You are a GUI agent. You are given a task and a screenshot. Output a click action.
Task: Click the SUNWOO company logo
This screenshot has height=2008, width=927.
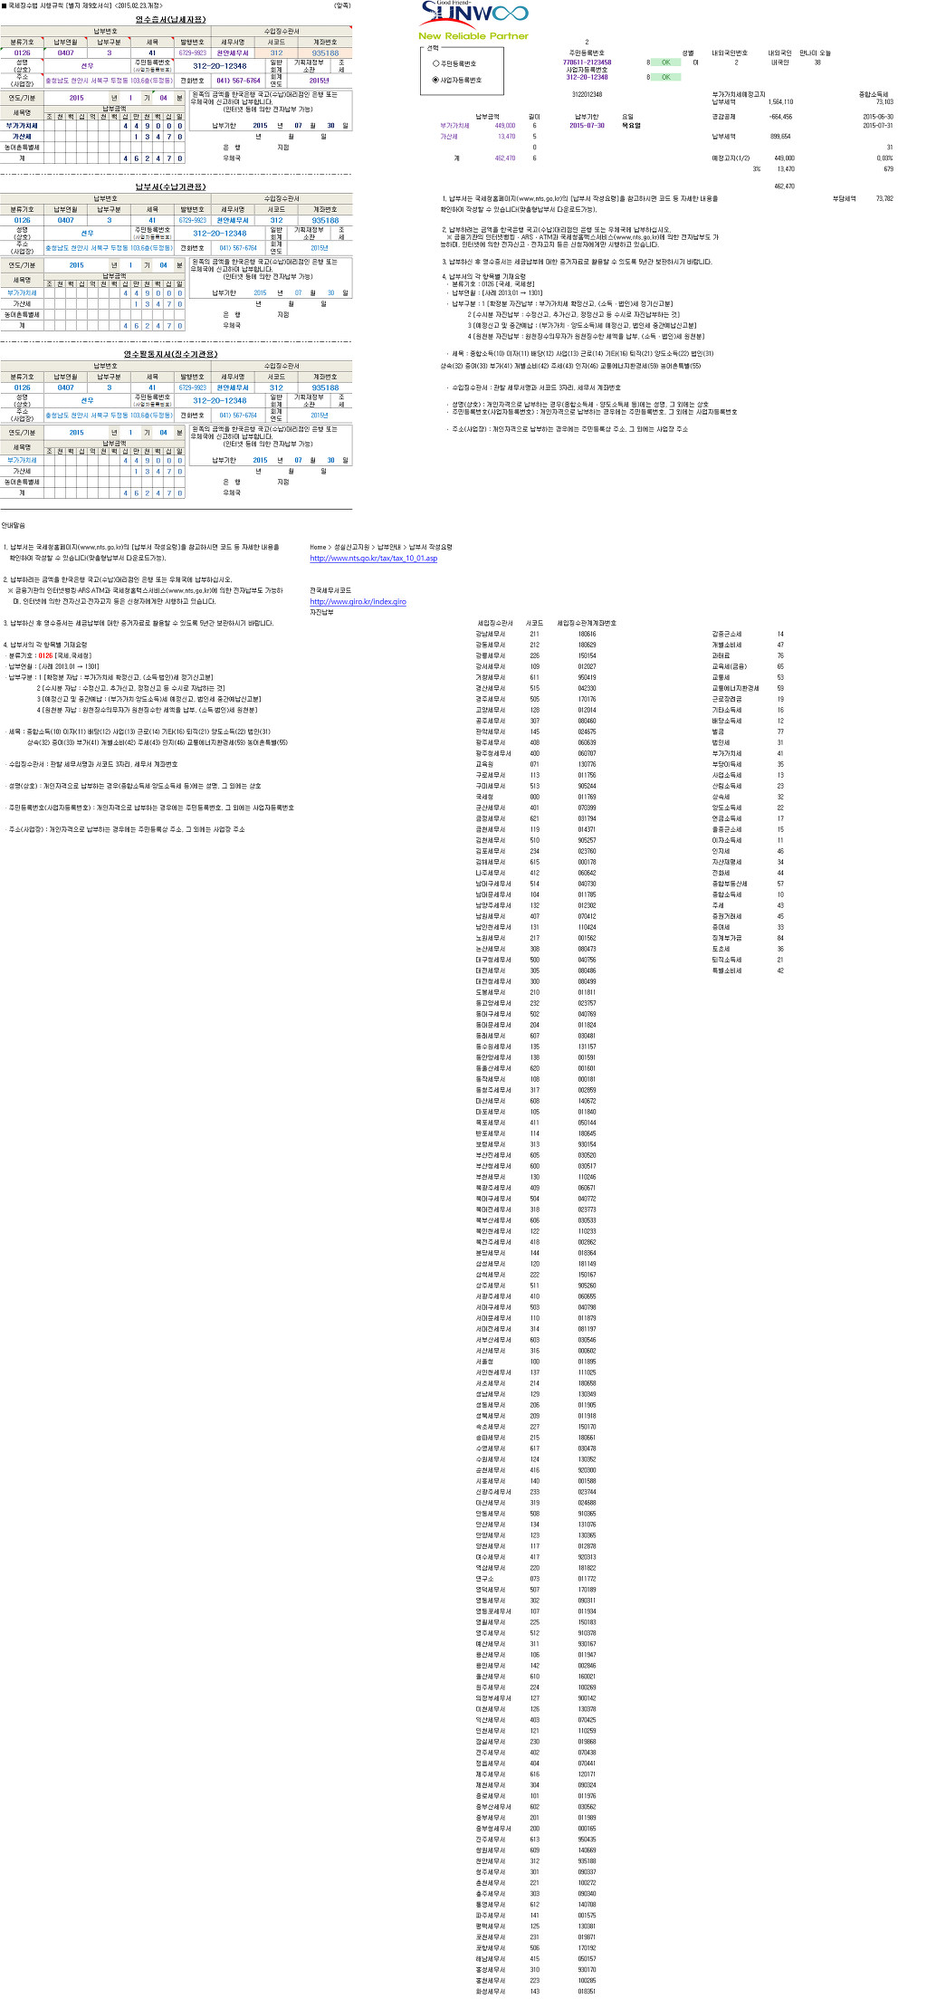pyautogui.click(x=473, y=14)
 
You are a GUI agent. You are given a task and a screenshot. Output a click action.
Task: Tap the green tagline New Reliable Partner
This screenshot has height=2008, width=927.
pyautogui.click(x=473, y=36)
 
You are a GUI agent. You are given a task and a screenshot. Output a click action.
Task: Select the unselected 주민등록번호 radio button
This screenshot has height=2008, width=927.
pyautogui.click(x=436, y=63)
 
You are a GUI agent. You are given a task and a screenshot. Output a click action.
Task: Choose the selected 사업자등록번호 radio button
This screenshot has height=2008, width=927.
pyautogui.click(x=436, y=80)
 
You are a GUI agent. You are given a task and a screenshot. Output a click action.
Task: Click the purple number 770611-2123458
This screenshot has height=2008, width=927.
pyautogui.click(x=587, y=62)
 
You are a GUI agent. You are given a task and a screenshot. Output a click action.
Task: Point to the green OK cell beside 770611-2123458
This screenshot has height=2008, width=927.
pyautogui.click(x=665, y=62)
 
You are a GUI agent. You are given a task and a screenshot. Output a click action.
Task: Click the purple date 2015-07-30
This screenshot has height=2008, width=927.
pyautogui.click(x=587, y=126)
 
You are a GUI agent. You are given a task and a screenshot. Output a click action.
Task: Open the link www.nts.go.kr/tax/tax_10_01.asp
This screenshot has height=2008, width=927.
pyautogui.click(x=373, y=559)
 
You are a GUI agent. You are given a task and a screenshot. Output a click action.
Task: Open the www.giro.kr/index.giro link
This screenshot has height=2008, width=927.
pyautogui.click(x=358, y=601)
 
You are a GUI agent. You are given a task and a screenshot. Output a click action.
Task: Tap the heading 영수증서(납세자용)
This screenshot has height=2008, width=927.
pyautogui.click(x=170, y=19)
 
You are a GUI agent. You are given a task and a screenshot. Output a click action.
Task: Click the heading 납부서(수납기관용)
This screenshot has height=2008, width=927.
pyautogui.click(x=170, y=186)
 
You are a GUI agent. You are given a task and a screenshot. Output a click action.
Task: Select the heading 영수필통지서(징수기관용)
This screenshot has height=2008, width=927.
pyautogui.click(x=170, y=354)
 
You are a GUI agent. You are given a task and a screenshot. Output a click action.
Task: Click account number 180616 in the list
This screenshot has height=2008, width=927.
pyautogui.click(x=587, y=634)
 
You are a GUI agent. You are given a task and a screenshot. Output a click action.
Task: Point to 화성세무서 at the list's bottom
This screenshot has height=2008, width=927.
pyautogui.click(x=491, y=1992)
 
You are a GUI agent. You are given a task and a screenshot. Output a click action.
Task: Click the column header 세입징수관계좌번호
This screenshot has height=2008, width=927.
pyautogui.click(x=587, y=623)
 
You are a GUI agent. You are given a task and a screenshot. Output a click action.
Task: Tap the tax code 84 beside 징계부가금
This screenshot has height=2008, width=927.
pyautogui.click(x=780, y=938)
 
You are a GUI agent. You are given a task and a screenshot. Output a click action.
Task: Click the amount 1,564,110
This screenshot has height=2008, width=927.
pyautogui.click(x=780, y=102)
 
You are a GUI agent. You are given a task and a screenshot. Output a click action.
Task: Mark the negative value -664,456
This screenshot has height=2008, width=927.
pyautogui.click(x=780, y=117)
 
